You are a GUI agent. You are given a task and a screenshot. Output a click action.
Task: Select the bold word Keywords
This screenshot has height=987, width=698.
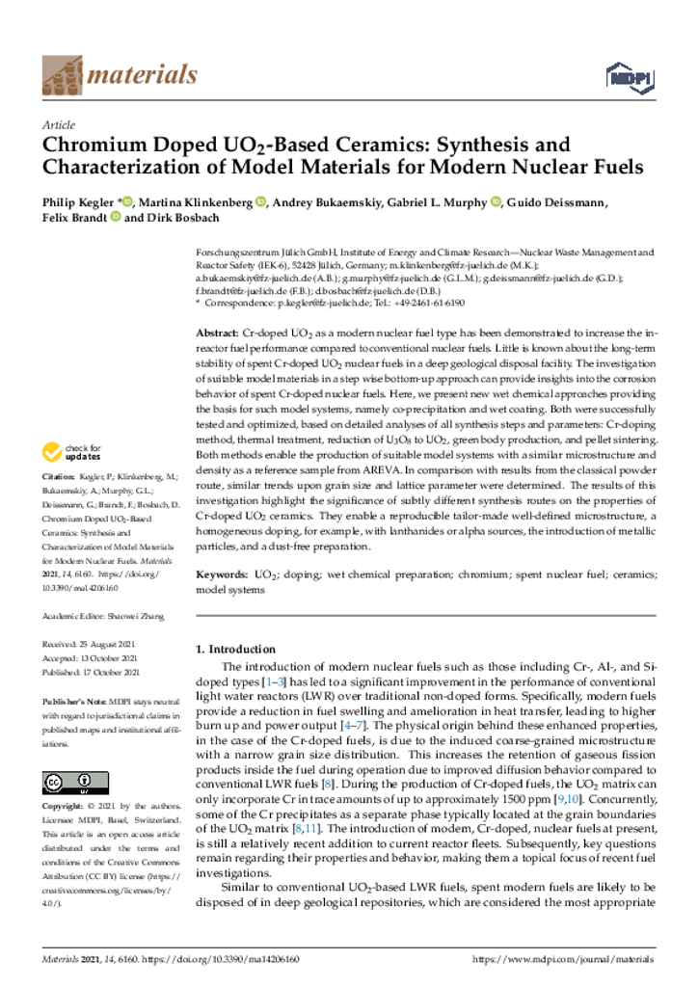223,574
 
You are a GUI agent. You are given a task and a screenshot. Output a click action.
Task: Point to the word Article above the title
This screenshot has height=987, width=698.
61,125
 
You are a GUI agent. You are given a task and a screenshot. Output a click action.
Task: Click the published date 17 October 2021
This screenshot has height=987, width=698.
115,672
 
